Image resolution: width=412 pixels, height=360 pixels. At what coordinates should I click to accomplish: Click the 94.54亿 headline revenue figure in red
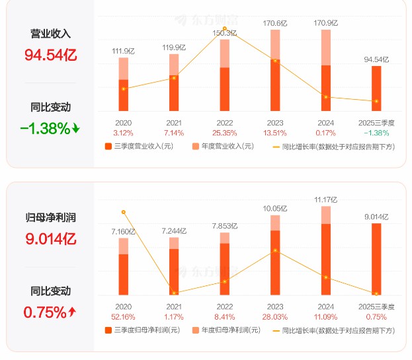coord(50,55)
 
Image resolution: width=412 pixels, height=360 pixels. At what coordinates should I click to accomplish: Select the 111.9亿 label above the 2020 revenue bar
coord(123,50)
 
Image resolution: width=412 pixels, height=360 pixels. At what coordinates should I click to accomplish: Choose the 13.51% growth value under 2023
coord(275,133)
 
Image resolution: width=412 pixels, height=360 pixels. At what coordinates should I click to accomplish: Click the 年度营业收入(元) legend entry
coord(223,146)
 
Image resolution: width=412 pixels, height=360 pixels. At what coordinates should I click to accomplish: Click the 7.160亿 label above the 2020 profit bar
coord(123,232)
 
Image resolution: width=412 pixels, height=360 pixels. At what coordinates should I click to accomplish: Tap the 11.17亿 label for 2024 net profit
coord(325,199)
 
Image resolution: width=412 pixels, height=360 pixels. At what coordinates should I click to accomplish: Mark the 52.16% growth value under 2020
coord(123,317)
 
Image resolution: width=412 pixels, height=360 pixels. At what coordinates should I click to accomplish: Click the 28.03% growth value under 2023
coord(275,317)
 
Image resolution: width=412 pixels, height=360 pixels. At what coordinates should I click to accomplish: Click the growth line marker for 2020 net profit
coord(123,212)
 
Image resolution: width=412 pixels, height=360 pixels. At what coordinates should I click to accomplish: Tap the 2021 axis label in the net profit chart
coord(174,306)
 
